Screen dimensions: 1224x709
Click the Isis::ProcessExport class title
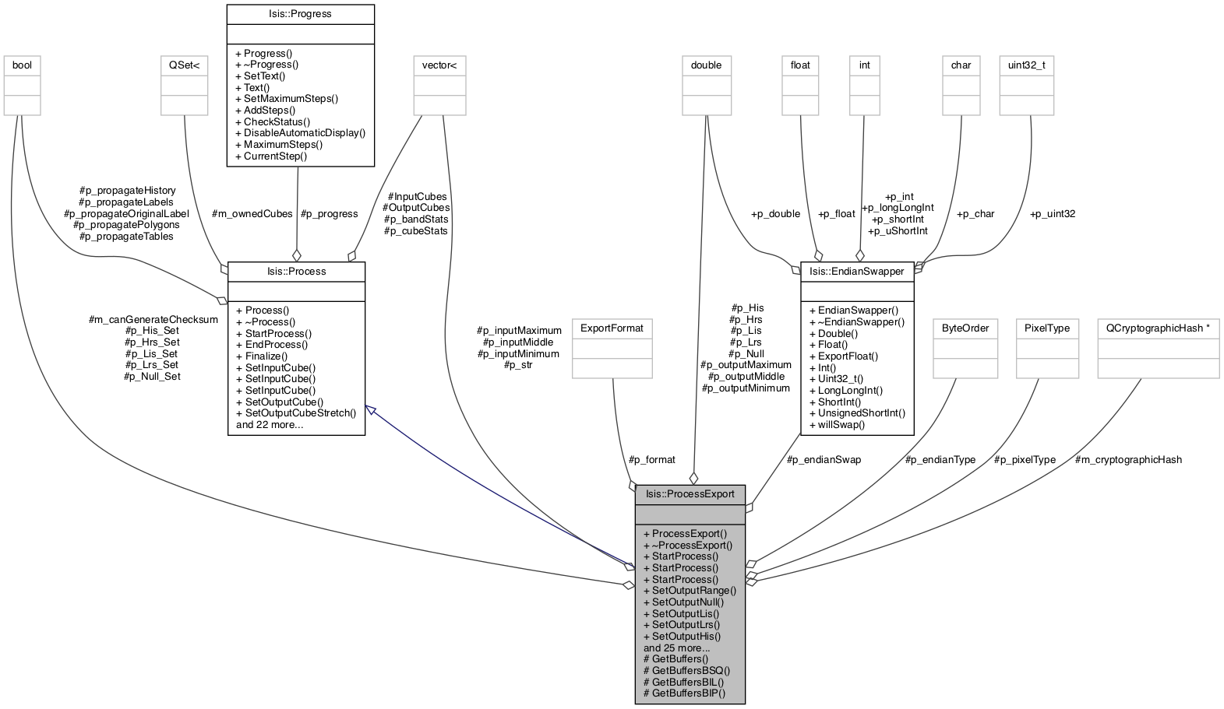(690, 494)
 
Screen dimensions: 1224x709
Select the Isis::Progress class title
(300, 14)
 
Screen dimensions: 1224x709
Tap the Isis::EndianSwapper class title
(857, 272)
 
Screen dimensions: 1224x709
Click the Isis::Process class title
(296, 272)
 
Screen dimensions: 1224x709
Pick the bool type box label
(22, 65)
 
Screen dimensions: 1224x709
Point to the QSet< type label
(184, 65)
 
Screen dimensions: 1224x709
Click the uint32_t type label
(1027, 65)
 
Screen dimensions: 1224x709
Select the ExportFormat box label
(612, 328)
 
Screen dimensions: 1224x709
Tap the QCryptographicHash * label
(1158, 328)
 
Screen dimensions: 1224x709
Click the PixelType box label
(1047, 328)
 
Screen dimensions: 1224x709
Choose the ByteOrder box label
(965, 328)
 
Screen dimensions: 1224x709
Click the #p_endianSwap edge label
(824, 460)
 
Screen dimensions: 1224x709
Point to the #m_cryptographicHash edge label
(1128, 460)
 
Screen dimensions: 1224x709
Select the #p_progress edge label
(329, 213)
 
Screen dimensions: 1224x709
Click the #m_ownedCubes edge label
(252, 213)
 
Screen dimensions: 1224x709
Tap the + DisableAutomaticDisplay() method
(300, 132)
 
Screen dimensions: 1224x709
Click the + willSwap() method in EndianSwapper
(837, 425)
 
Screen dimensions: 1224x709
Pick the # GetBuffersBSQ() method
(687, 670)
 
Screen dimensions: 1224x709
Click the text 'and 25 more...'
(676, 648)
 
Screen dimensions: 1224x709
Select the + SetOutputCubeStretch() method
(295, 412)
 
